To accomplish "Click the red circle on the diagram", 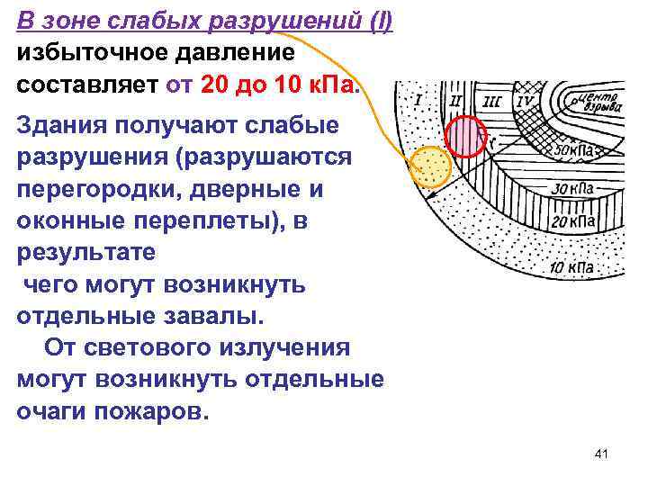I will click(x=466, y=137).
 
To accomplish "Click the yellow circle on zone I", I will click(x=430, y=166).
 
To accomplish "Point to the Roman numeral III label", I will click(x=492, y=101).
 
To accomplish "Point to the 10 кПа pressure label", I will click(x=570, y=266).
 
